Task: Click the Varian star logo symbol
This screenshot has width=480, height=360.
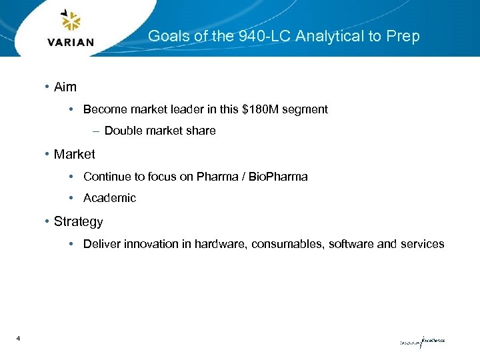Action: pyautogui.click(x=71, y=21)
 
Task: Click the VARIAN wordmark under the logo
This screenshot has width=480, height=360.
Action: pyautogui.click(x=71, y=42)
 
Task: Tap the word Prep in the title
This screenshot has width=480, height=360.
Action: pyautogui.click(x=403, y=36)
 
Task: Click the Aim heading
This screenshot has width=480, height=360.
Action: pyautogui.click(x=65, y=87)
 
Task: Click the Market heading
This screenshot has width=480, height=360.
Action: pyautogui.click(x=74, y=154)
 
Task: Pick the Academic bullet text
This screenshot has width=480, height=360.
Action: pyautogui.click(x=109, y=198)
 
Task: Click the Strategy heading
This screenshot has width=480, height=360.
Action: pyautogui.click(x=78, y=221)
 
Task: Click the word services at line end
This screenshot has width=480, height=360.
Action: pyautogui.click(x=422, y=244)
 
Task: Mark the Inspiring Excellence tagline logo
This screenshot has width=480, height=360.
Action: pyautogui.click(x=421, y=341)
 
